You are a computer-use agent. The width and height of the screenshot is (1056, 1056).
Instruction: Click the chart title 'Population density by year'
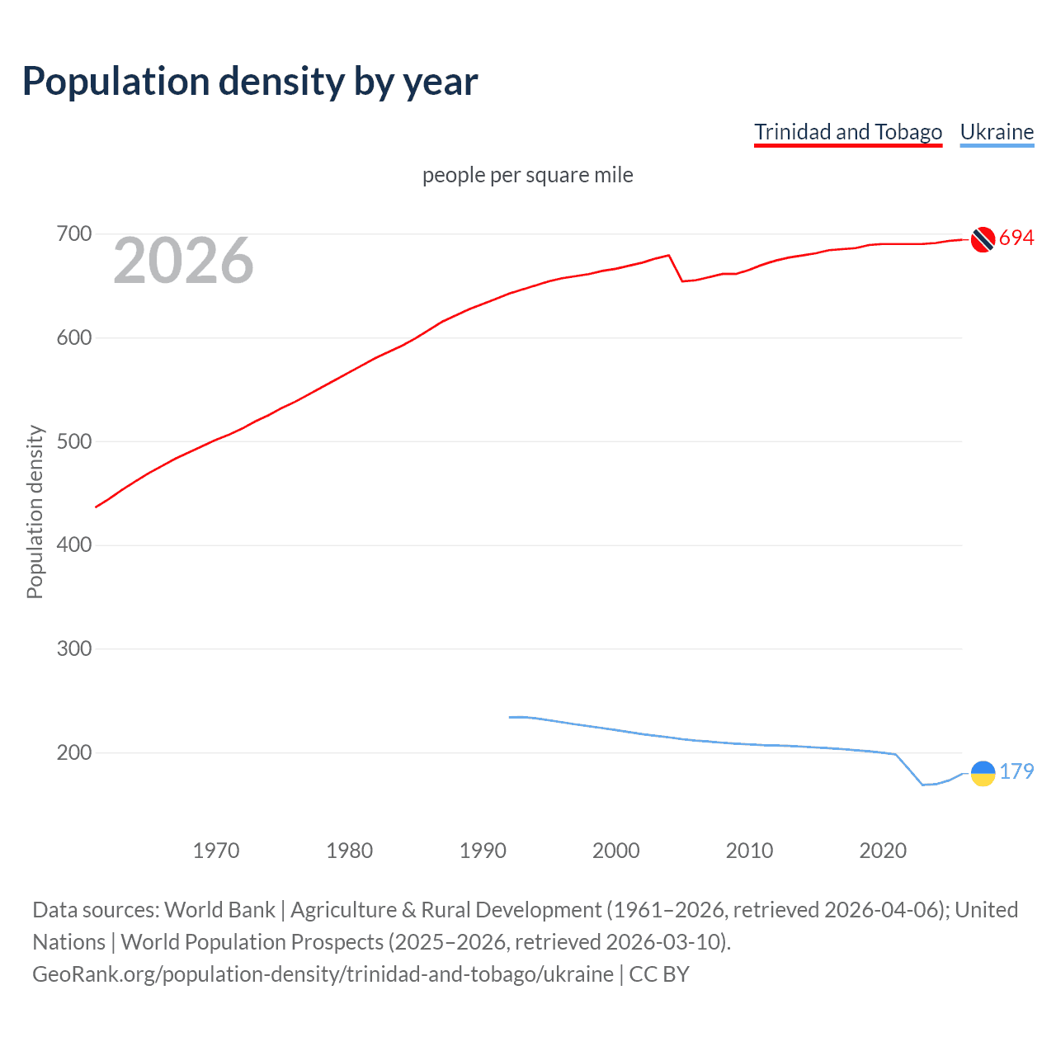click(250, 82)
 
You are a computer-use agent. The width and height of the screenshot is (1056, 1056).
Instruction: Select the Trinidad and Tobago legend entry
click(847, 132)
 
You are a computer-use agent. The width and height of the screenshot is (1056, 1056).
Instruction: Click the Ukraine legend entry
click(997, 132)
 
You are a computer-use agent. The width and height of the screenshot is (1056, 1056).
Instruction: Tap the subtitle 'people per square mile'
click(527, 175)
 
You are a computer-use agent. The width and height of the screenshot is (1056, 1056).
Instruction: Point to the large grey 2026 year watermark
click(183, 261)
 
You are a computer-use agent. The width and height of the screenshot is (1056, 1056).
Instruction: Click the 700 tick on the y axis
click(73, 234)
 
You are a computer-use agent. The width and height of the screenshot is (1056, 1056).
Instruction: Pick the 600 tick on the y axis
click(73, 338)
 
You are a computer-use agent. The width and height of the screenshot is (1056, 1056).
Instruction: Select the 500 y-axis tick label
click(73, 441)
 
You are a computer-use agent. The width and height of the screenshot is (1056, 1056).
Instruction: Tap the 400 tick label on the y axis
click(73, 545)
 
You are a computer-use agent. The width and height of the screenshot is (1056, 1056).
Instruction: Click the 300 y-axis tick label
click(73, 649)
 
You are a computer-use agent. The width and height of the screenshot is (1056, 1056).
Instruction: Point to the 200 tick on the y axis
click(73, 752)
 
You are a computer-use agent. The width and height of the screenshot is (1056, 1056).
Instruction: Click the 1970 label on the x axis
click(215, 851)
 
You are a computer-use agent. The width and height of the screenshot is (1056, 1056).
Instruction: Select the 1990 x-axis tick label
click(483, 851)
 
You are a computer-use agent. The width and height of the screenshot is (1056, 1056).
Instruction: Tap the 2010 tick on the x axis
click(749, 851)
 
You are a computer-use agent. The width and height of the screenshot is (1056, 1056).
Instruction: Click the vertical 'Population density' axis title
click(35, 511)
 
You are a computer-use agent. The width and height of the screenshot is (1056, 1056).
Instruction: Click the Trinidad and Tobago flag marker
click(982, 239)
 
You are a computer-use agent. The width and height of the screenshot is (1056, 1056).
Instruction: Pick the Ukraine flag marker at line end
click(983, 773)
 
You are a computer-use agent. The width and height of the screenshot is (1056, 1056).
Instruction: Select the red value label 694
click(1016, 238)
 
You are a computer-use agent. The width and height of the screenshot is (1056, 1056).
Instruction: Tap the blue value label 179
click(1016, 771)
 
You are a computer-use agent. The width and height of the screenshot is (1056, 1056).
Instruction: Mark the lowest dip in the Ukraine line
click(923, 785)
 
